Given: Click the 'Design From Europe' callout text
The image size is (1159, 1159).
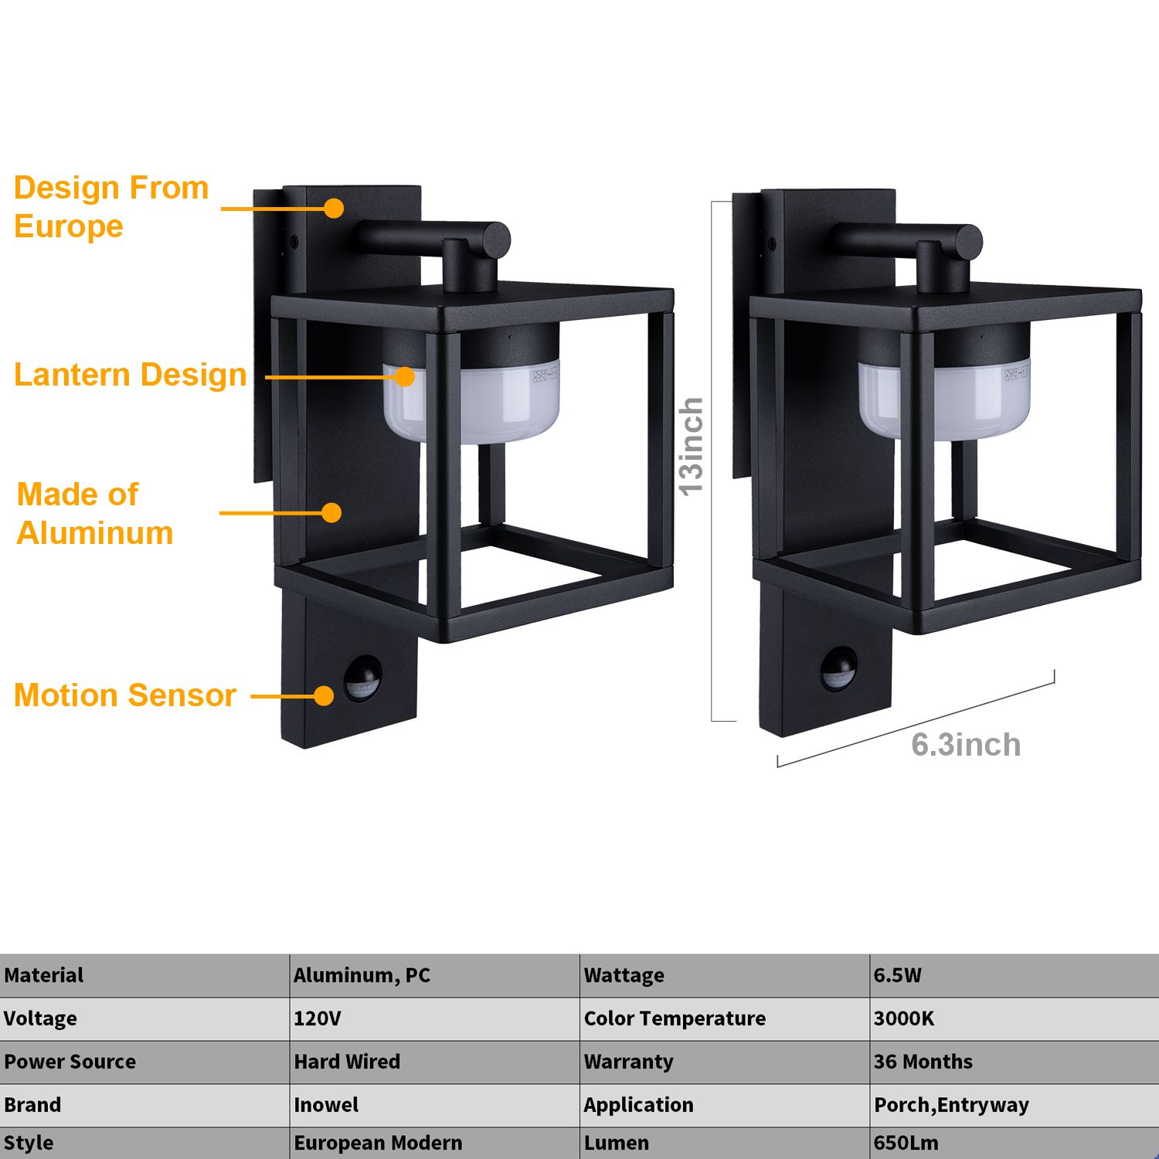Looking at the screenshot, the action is tap(111, 207).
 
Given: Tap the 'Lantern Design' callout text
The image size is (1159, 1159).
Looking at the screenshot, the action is tap(131, 375).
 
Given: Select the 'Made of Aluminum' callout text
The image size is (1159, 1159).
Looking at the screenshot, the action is tap(94, 514).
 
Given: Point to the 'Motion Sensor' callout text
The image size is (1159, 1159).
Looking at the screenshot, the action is tap(125, 695).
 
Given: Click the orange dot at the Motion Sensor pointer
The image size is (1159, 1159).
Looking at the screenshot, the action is tap(324, 695).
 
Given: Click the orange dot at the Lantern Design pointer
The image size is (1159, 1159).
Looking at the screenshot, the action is tap(405, 376).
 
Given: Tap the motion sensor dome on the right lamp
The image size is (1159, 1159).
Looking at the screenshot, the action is tap(838, 668).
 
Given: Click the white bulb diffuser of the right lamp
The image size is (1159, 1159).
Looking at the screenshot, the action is tap(944, 399).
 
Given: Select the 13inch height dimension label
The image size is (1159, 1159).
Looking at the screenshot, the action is tap(691, 447).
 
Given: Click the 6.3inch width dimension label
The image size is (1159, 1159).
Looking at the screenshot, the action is tap(966, 745).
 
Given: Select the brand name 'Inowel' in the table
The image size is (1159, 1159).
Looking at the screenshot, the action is tap(326, 1105).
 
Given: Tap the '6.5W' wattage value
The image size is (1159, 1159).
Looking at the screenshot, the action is tap(898, 975).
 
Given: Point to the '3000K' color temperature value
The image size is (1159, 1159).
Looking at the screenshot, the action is tap(904, 1018).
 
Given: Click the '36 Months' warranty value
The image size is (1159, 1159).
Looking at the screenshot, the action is tap(923, 1062).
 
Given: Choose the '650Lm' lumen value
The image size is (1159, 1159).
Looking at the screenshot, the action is tap(906, 1143).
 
